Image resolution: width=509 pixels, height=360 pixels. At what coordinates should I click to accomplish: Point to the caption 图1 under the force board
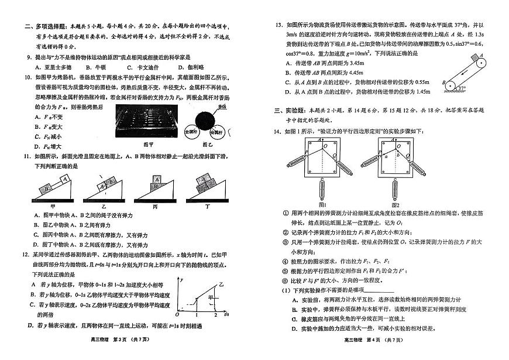pos(321,204)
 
